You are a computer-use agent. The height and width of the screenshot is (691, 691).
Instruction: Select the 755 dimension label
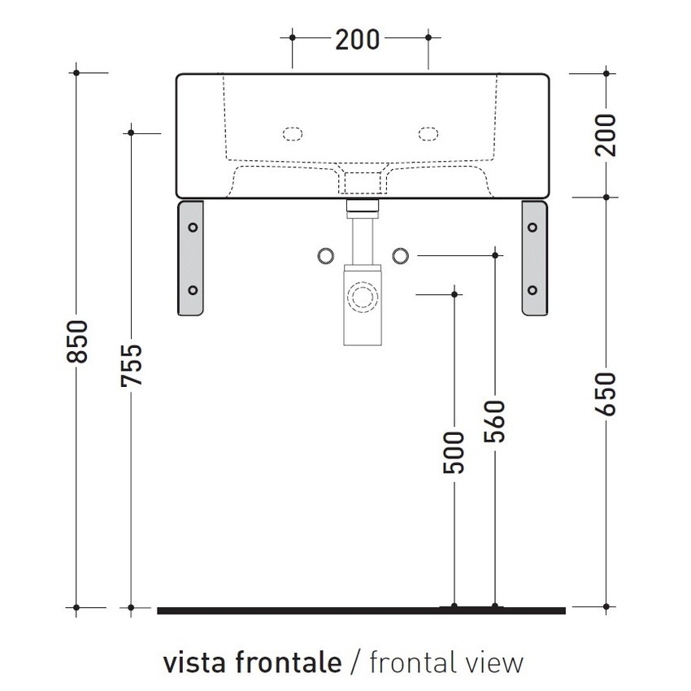coord(131,367)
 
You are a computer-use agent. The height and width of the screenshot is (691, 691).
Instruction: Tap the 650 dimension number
coord(606,393)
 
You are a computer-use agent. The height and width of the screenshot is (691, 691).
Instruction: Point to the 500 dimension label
coord(454,452)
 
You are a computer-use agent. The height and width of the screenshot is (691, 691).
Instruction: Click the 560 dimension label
coord(494,421)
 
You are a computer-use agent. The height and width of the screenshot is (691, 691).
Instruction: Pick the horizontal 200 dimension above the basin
coord(358,37)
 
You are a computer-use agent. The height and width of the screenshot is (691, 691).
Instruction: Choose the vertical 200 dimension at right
coord(606,134)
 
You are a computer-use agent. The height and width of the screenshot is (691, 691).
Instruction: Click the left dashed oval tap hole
coord(292,133)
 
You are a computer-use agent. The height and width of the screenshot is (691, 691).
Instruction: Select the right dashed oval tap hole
coord(428,133)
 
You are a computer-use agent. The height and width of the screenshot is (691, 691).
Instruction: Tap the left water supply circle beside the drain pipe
coord(324,255)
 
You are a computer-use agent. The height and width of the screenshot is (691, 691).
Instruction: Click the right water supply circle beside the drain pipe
coord(399,255)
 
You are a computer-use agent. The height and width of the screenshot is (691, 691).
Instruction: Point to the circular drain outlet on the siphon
coord(361,293)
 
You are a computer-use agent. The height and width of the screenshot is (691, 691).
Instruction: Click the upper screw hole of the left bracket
coord(193,228)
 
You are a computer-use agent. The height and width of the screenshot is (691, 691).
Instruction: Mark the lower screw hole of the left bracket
coord(193,289)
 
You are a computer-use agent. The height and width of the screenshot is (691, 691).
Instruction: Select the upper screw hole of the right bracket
coord(532,228)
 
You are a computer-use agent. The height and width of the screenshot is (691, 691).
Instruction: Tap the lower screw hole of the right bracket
coord(532,289)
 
